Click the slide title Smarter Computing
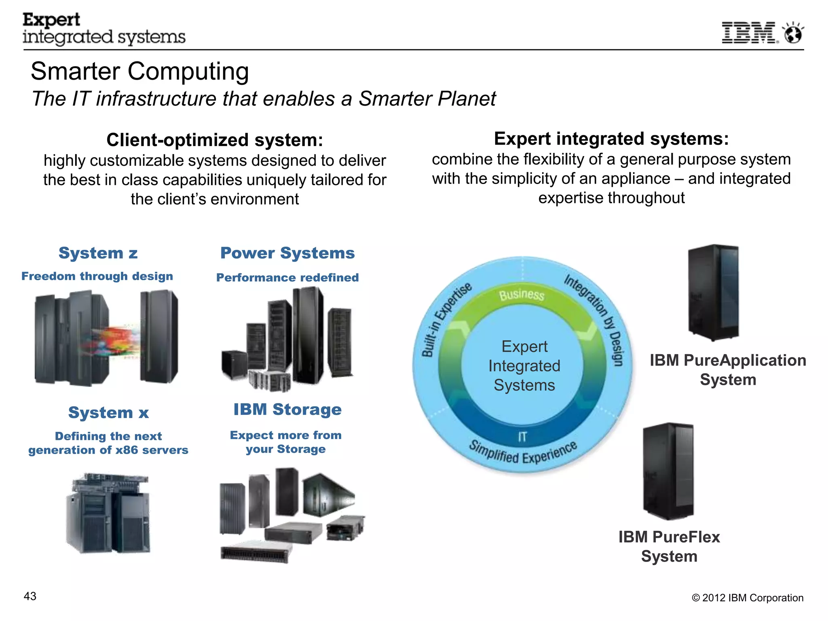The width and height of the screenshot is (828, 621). pos(139,71)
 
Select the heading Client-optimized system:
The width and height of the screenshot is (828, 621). pos(215,140)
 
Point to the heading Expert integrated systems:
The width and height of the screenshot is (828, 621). pos(611,139)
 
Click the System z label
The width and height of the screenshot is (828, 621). pos(98,253)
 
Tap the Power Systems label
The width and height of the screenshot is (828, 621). pos(287,253)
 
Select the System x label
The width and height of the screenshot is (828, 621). pos(108,413)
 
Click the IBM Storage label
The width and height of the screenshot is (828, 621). pos(287,410)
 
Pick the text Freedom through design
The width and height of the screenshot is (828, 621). pos(97,276)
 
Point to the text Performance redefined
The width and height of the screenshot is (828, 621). pos(287,277)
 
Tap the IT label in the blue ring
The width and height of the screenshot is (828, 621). pos(522,437)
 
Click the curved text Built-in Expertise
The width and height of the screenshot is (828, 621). pos(445,319)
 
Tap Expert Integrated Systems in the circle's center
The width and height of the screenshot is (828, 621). pos(524,366)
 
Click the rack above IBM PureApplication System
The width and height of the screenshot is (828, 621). pos(714,292)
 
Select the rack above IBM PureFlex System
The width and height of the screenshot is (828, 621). pos(668,471)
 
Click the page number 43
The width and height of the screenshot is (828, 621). pos(30,596)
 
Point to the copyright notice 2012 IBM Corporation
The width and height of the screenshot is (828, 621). pos(748,598)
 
